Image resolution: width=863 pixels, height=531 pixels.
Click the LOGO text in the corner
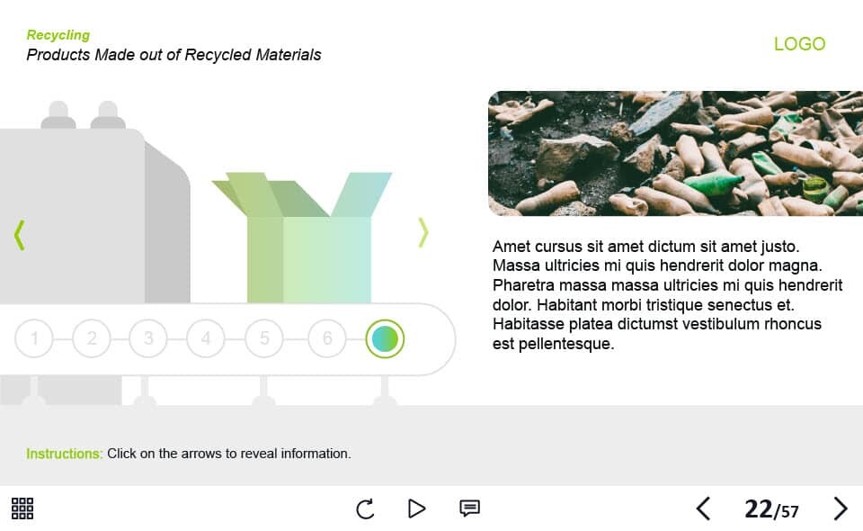pyautogui.click(x=800, y=44)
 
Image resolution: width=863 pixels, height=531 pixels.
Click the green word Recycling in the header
pyautogui.click(x=58, y=35)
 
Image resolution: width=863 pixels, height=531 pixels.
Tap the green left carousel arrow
pyautogui.click(x=19, y=235)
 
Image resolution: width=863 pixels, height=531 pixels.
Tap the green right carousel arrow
pyautogui.click(x=423, y=232)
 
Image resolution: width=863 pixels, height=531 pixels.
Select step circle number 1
pyautogui.click(x=34, y=338)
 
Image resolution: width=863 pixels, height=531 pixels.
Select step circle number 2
pyautogui.click(x=92, y=338)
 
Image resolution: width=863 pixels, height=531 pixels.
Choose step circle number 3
pyautogui.click(x=148, y=338)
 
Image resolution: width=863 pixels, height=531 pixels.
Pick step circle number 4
pyautogui.click(x=206, y=338)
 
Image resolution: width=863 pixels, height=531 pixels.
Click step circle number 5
pyautogui.click(x=264, y=338)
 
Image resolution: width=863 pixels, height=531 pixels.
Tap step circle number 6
pyautogui.click(x=327, y=338)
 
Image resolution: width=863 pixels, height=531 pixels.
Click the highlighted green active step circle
pyautogui.click(x=385, y=338)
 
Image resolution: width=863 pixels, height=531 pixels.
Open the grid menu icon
pyautogui.click(x=22, y=508)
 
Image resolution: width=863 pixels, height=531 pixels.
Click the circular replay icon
pyautogui.click(x=365, y=509)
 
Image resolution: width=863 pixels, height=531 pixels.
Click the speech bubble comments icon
pyautogui.click(x=469, y=508)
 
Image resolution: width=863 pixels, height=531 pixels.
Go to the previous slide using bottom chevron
pyautogui.click(x=703, y=508)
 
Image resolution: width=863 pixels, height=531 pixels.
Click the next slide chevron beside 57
pyautogui.click(x=840, y=508)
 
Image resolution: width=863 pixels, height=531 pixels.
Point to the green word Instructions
pyautogui.click(x=65, y=454)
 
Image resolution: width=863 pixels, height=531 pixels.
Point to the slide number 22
pyautogui.click(x=759, y=509)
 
